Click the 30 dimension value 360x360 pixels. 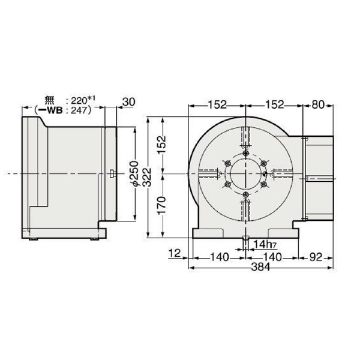128,103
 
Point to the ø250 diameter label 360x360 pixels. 136,174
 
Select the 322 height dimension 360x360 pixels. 147,174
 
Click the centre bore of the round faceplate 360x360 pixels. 245,173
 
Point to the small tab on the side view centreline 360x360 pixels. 112,174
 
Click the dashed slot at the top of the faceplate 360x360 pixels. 245,137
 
